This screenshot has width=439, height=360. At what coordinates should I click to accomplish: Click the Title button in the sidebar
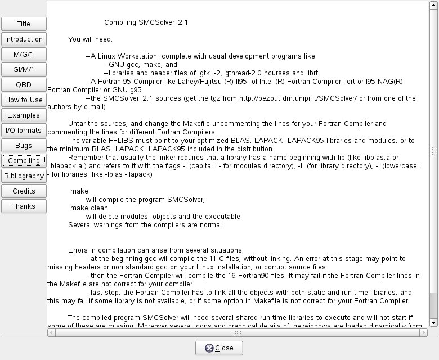[24, 24]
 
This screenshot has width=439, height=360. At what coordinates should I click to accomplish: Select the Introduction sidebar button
[24, 39]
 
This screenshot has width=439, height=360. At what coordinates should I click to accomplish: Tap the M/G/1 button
[24, 55]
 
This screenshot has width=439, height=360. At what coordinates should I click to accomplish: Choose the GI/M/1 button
[24, 70]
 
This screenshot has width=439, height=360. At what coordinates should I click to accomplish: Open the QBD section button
[24, 85]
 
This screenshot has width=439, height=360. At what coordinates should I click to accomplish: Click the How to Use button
[24, 100]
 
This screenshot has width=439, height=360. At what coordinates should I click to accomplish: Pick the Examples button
[24, 115]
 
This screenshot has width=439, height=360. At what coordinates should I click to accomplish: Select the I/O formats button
[24, 130]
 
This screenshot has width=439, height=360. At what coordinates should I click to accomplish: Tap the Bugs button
[24, 146]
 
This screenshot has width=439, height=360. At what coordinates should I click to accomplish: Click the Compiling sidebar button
[24, 161]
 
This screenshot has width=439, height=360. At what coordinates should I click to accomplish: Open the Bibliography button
[24, 176]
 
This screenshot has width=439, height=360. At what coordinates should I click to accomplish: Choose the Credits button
[24, 191]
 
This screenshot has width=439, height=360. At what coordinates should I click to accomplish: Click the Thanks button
[24, 206]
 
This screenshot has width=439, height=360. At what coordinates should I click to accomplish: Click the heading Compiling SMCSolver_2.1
[146, 22]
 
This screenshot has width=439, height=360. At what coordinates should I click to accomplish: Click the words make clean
[89, 208]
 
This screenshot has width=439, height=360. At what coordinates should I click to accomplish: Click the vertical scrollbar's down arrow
[433, 323]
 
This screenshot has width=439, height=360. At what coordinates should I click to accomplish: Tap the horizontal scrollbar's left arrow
[51, 332]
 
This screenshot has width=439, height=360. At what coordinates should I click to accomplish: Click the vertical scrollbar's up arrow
[433, 5]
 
